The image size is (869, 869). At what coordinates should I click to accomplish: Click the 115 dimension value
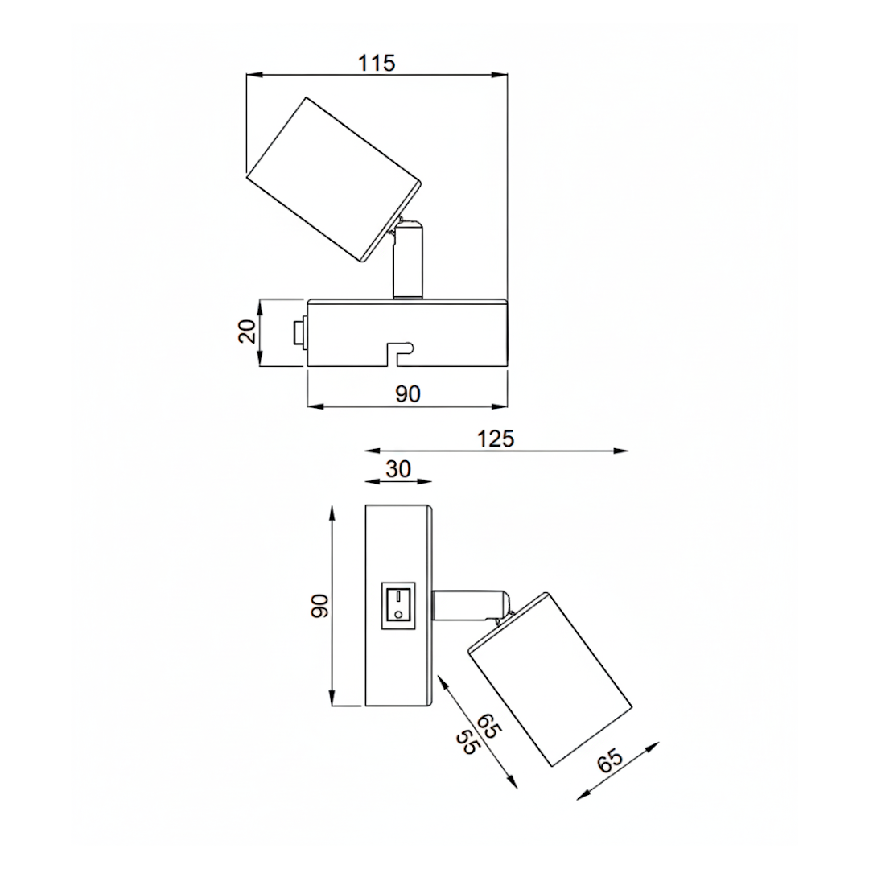377,63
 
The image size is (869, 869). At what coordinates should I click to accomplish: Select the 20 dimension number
248,332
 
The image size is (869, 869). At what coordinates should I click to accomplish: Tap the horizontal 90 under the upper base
408,393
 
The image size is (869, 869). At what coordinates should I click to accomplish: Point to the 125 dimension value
496,439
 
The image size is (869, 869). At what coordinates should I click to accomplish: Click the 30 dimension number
398,469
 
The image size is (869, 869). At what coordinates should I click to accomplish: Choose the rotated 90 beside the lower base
320,605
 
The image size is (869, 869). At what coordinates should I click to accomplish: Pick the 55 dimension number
466,741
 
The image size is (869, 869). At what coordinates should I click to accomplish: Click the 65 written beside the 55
489,726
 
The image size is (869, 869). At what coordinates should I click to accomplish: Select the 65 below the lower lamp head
610,760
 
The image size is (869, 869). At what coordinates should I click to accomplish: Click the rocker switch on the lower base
398,604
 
